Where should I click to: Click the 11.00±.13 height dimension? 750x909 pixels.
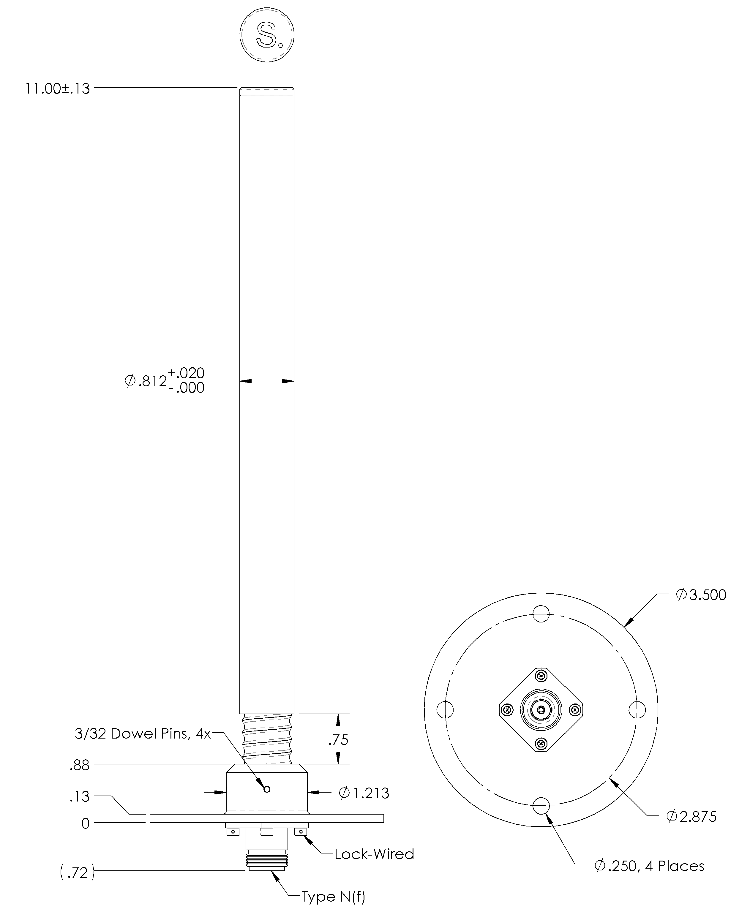(x=57, y=88)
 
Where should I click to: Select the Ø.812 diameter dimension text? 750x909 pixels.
(x=165, y=380)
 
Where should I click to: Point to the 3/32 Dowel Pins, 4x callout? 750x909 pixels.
(x=143, y=733)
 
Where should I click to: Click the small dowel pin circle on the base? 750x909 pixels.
(x=267, y=789)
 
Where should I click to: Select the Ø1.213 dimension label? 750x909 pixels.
(x=364, y=793)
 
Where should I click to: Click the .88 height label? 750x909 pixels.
(x=80, y=765)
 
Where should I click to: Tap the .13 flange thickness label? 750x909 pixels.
(x=80, y=796)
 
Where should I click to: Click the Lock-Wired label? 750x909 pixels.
(x=374, y=854)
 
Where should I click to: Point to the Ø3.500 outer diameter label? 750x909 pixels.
(x=701, y=595)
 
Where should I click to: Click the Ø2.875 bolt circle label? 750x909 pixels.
(x=691, y=816)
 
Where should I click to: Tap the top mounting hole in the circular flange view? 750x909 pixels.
(x=541, y=613)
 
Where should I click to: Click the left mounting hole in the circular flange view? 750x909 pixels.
(x=445, y=709)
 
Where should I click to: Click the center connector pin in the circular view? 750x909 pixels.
(x=541, y=709)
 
